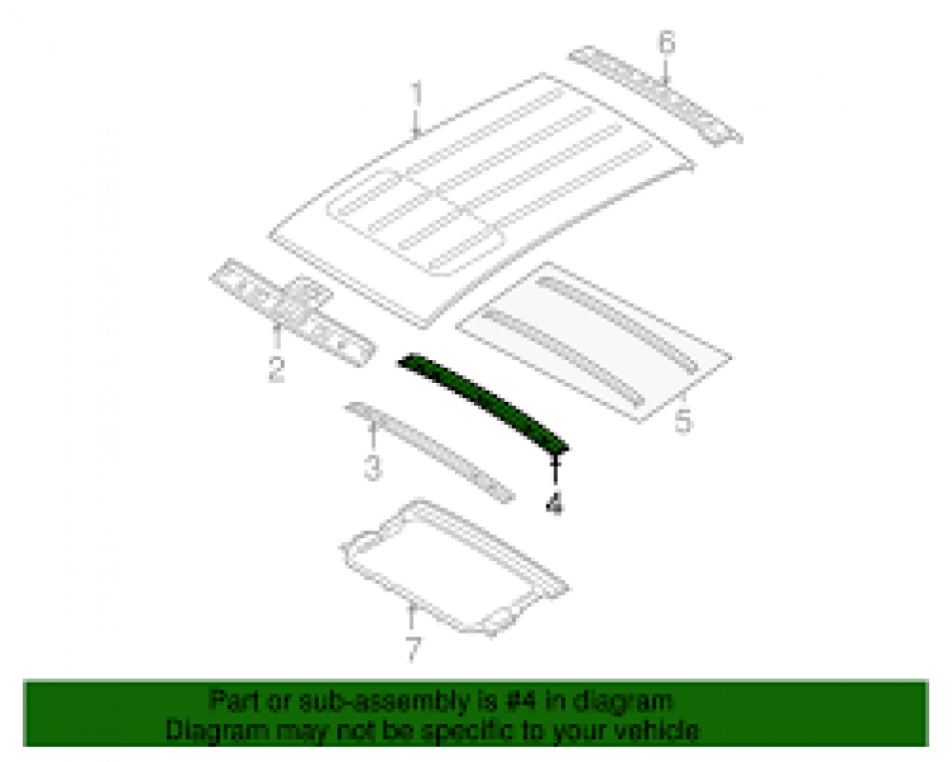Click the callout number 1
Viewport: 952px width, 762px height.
(417, 97)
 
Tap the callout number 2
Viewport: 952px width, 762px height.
(276, 369)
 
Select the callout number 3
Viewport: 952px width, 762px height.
(372, 467)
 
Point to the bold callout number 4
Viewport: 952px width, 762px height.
(554, 503)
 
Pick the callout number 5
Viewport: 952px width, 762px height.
(683, 420)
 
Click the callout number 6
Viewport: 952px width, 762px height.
(666, 43)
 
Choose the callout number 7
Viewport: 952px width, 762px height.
(413, 649)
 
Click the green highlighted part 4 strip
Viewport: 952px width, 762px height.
(483, 402)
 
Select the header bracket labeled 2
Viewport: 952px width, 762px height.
(292, 311)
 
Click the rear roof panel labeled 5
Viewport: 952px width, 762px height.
(594, 342)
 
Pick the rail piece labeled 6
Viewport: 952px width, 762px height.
(656, 95)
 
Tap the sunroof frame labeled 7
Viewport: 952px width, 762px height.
(454, 568)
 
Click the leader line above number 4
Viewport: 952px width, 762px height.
(555, 472)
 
